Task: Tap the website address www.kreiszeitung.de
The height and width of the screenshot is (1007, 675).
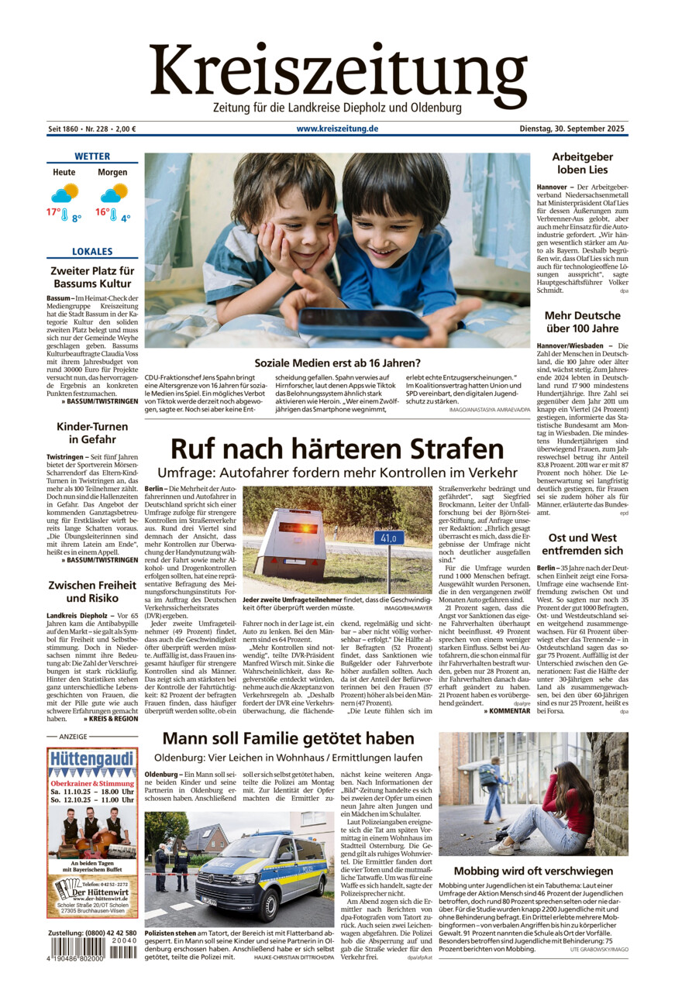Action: pos(337,129)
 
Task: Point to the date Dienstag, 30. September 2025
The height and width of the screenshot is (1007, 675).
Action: pos(573,129)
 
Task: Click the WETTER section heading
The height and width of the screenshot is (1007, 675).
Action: pos(92,156)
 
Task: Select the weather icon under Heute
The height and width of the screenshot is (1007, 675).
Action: pos(65,192)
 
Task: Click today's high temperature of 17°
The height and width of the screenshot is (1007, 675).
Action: pos(53,212)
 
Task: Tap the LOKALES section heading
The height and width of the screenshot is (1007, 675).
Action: pos(92,252)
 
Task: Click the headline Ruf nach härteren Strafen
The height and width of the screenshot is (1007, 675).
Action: pos(337,449)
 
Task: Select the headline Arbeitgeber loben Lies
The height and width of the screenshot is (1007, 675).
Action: pos(582,163)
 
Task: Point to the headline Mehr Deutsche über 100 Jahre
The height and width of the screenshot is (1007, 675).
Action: pos(582,322)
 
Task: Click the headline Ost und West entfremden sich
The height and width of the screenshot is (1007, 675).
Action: pos(582,544)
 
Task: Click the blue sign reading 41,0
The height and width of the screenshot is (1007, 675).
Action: pos(389,538)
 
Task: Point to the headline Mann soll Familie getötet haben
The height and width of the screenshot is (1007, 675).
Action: pos(288,738)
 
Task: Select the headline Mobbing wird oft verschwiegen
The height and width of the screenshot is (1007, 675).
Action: pos(533,871)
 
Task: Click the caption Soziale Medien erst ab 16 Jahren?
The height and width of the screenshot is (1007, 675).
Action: pos(337,363)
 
